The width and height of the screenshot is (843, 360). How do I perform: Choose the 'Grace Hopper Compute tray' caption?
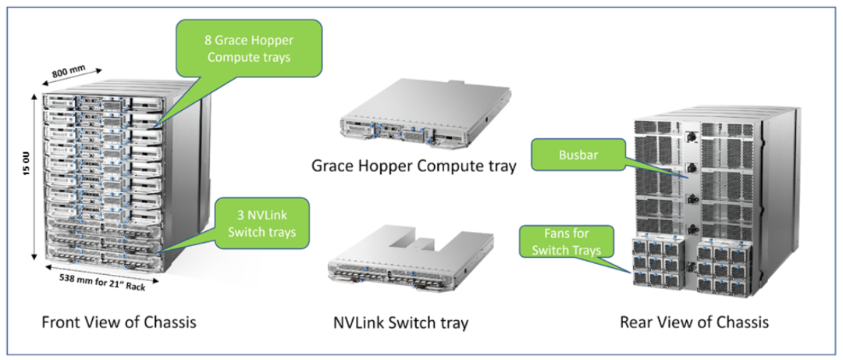(x=414, y=166)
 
